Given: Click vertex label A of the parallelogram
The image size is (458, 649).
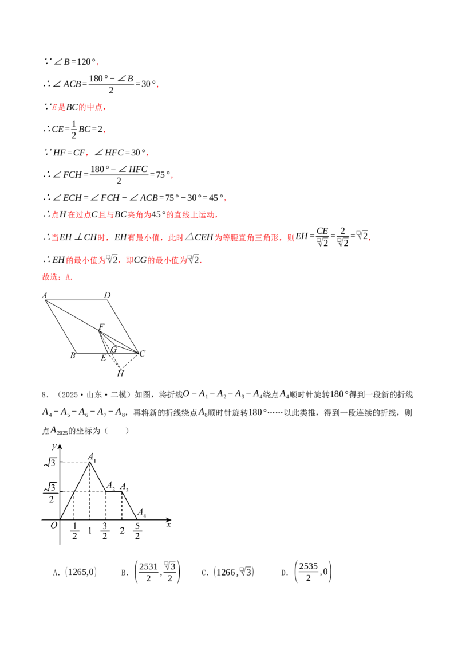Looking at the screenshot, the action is point(45,295).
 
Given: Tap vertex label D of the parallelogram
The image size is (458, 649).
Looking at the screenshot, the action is point(108,295).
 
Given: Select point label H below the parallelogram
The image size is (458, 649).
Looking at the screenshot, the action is point(120,373).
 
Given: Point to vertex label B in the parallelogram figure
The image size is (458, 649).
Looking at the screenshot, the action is point(73,355).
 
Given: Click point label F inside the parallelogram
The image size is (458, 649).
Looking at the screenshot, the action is point(101,327).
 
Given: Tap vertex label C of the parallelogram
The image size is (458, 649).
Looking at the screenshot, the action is point(143,354).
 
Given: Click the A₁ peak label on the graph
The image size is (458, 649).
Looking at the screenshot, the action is point(92,458).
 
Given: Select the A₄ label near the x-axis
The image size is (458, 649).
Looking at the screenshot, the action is point(142,513).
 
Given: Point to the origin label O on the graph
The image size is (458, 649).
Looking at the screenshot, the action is point(54,525).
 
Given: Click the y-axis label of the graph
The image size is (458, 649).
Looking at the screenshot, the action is point(54,446).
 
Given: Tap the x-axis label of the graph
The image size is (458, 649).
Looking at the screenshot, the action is point(168,525).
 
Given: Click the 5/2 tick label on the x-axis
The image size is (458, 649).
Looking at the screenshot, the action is point(137,531).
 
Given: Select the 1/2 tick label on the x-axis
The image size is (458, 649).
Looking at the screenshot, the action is point(74,531).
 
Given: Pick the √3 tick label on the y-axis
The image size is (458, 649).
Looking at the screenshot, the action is point(50,462).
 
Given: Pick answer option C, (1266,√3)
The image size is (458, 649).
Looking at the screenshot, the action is point(228,572).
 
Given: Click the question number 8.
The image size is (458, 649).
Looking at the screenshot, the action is point(45,395).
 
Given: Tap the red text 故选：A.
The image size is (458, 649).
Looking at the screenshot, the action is point(57,277).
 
